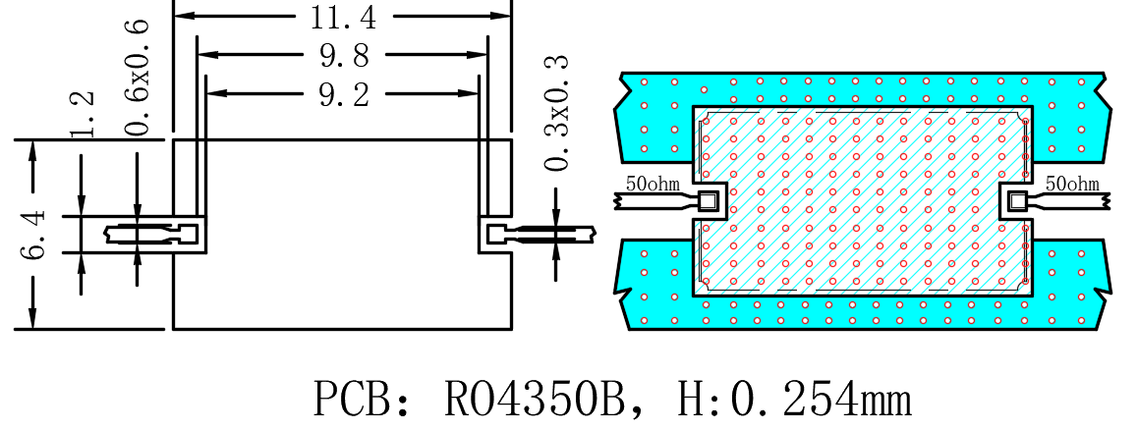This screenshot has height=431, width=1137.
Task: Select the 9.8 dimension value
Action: click(344, 56)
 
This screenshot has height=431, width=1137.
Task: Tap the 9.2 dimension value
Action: click(344, 95)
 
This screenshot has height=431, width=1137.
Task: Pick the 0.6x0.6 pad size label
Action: click(138, 78)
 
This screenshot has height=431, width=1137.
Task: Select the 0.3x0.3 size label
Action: click(557, 112)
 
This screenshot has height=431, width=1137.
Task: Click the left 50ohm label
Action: click(653, 184)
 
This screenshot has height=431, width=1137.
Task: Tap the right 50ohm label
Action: click(1072, 184)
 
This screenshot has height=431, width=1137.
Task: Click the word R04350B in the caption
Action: click(534, 400)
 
